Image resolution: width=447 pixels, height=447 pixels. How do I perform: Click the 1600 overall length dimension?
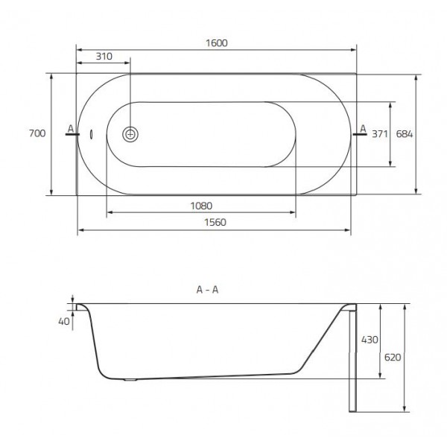pos(217,43)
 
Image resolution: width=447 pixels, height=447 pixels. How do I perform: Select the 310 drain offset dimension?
pos(104,57)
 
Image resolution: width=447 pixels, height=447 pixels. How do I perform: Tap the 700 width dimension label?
pos(37,133)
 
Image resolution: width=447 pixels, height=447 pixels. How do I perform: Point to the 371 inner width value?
pos(380,133)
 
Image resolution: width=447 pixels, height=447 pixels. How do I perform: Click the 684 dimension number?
pos(405,133)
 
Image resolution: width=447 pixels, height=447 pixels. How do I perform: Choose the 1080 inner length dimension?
pos(201,206)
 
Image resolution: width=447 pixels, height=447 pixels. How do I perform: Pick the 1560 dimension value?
pos(215,222)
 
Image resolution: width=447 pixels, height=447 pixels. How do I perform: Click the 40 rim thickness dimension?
pos(64,322)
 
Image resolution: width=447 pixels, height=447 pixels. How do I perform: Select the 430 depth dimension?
pos(370,340)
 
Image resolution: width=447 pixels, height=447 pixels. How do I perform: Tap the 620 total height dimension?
pos(393,357)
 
